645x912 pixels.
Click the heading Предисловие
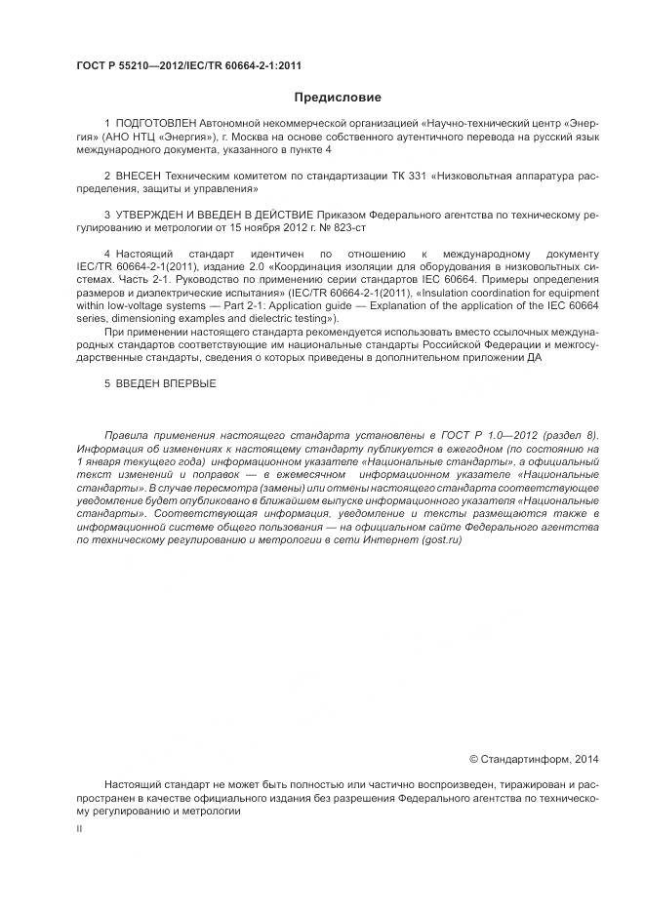[338, 97]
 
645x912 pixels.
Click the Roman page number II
[79, 828]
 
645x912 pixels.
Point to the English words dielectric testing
[286, 318]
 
